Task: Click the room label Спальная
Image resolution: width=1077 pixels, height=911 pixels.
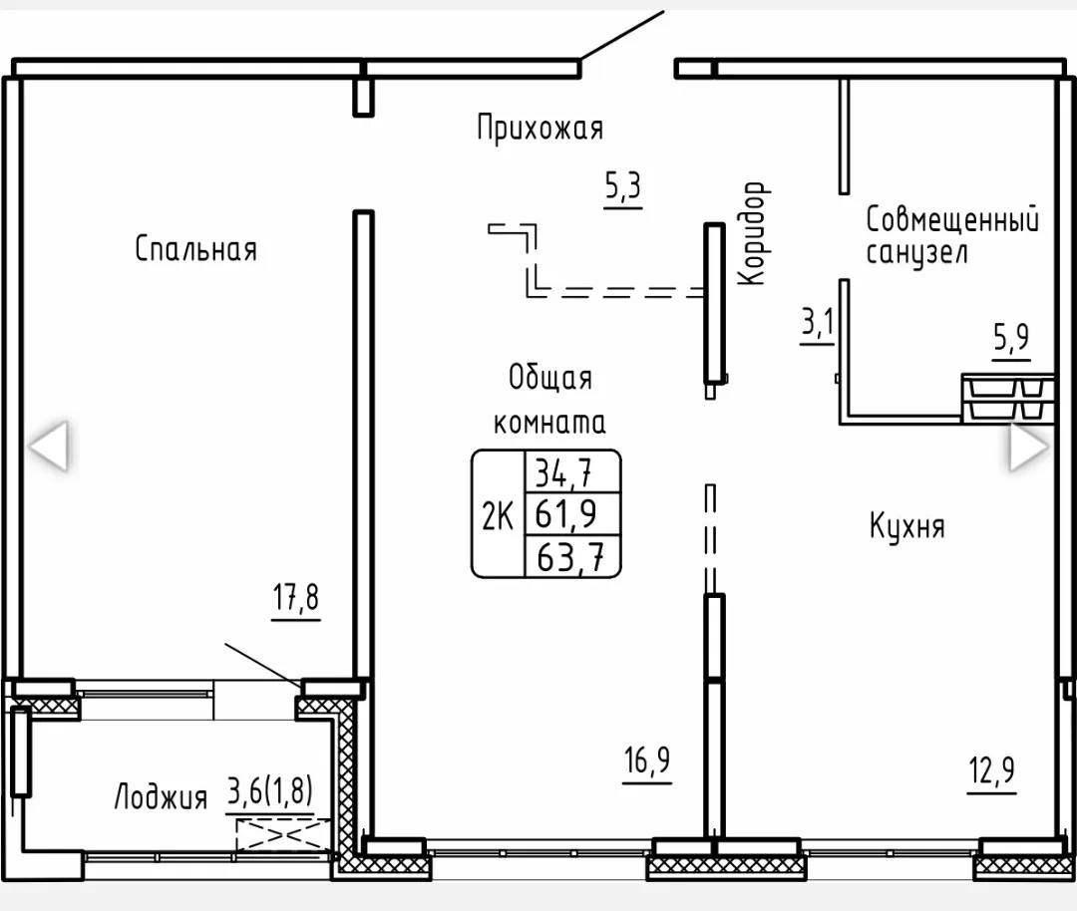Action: point(195,248)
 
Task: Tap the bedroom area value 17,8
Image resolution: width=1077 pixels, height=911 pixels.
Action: point(296,597)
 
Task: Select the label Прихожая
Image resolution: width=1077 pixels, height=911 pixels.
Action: point(539,129)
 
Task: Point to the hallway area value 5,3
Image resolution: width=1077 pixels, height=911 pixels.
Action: point(623,185)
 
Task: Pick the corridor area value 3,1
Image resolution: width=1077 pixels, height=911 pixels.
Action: point(818,322)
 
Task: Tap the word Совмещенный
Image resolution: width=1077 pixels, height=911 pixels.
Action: point(952,219)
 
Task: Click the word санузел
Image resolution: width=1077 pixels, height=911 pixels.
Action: point(917,252)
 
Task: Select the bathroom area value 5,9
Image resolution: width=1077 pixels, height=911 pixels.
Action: point(1011,337)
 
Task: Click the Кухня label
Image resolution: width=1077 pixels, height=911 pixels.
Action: point(907,526)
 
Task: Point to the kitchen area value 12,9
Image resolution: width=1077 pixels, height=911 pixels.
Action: point(992,770)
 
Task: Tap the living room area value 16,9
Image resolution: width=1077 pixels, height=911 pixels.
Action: point(647,759)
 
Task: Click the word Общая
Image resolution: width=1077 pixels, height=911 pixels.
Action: point(550,378)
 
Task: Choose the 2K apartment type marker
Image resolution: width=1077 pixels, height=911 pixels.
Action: point(498,516)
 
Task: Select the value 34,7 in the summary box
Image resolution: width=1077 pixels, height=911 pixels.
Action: point(563,472)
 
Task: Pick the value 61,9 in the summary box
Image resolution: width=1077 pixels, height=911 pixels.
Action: point(566,513)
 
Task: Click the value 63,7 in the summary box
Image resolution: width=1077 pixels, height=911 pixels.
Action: point(570,557)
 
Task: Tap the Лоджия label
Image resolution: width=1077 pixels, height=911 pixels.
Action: point(161,797)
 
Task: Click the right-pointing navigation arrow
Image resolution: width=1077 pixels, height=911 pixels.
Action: point(1029,447)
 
